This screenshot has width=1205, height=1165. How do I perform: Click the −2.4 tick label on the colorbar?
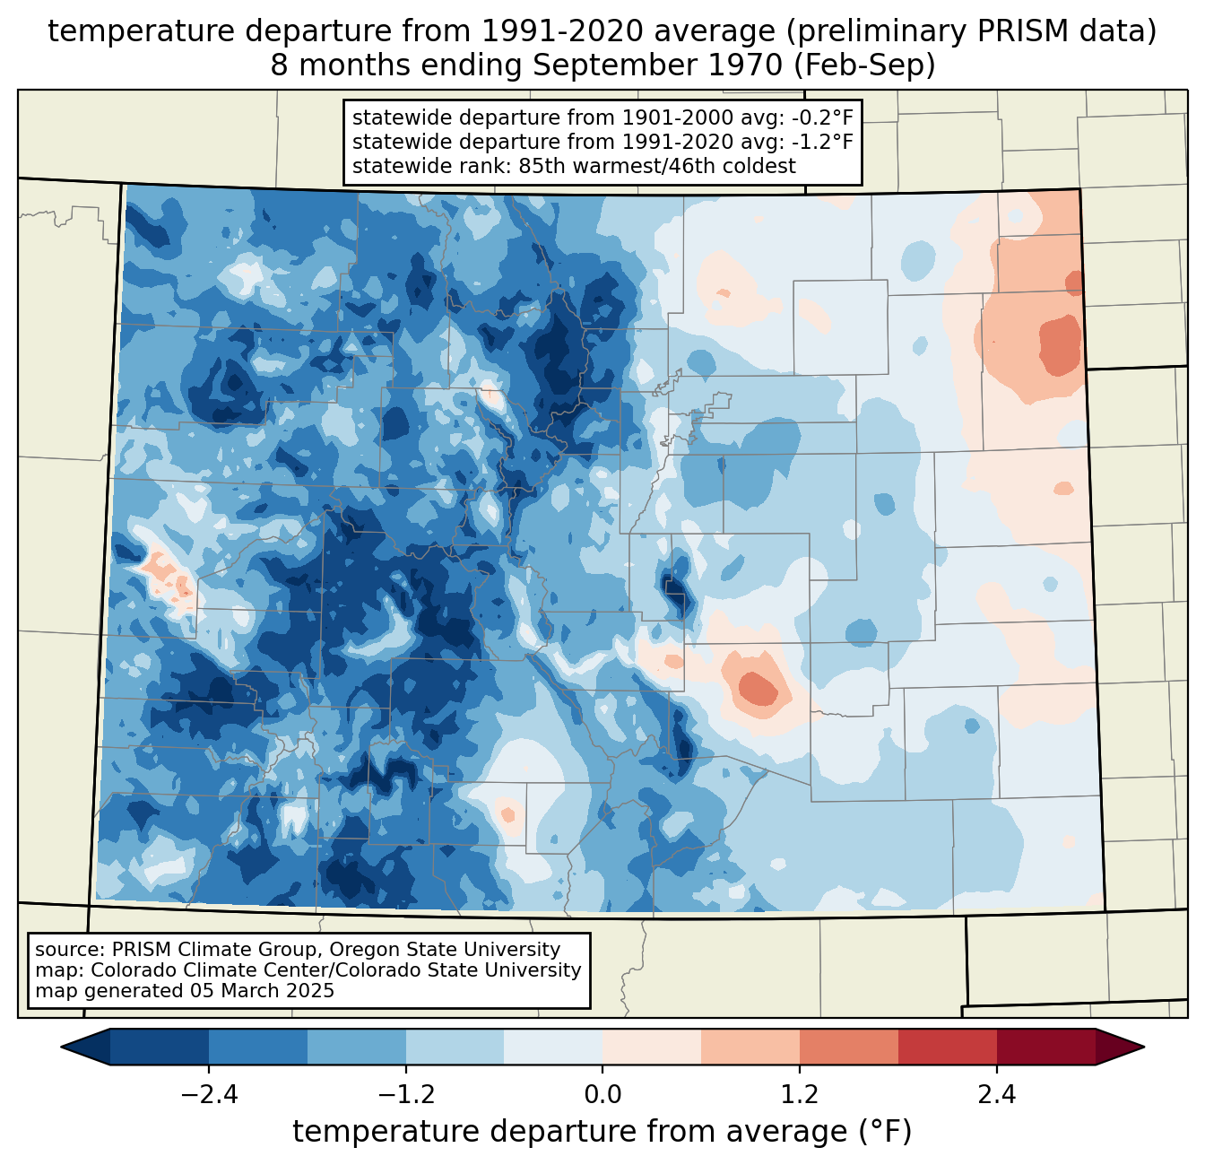click(x=209, y=1095)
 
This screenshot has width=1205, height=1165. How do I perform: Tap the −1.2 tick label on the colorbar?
click(x=406, y=1095)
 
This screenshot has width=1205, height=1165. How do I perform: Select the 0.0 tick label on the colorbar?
click(x=602, y=1095)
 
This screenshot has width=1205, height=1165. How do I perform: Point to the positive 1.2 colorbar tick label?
click(x=800, y=1095)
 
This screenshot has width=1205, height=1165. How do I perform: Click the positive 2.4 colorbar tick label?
click(x=997, y=1095)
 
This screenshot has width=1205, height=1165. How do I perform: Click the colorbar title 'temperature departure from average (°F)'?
click(x=602, y=1131)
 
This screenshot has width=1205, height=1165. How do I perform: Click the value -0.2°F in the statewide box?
click(x=821, y=117)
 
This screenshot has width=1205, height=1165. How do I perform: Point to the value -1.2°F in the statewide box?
click(x=821, y=141)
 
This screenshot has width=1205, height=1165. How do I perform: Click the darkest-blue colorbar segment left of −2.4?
click(x=159, y=1047)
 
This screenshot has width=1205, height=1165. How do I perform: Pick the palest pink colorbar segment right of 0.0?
click(x=652, y=1047)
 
